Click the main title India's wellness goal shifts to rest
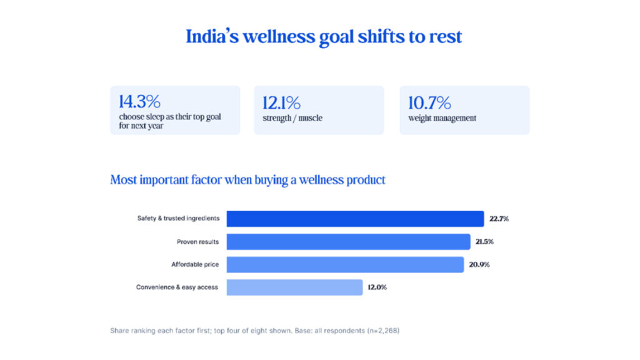pyautogui.click(x=324, y=37)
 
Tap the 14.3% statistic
pyautogui.click(x=139, y=101)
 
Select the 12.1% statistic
pyautogui.click(x=281, y=103)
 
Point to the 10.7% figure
pyautogui.click(x=429, y=103)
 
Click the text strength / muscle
pyautogui.click(x=292, y=118)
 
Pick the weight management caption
pyautogui.click(x=442, y=118)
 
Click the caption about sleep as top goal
pyautogui.click(x=170, y=121)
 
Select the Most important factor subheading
pyautogui.click(x=247, y=180)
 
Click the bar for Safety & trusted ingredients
pyautogui.click(x=355, y=219)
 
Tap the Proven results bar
pyautogui.click(x=348, y=242)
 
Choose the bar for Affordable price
pyautogui.click(x=345, y=264)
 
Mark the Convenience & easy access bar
pyautogui.click(x=294, y=287)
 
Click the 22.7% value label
pyautogui.click(x=499, y=219)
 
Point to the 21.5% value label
pyautogui.click(x=484, y=242)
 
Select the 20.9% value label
pyautogui.click(x=479, y=264)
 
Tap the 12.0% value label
pyautogui.click(x=377, y=287)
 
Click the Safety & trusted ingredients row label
pyautogui.click(x=178, y=218)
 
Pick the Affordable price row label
pyautogui.click(x=195, y=264)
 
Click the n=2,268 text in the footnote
pyautogui.click(x=383, y=331)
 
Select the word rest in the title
pyautogui.click(x=445, y=37)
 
